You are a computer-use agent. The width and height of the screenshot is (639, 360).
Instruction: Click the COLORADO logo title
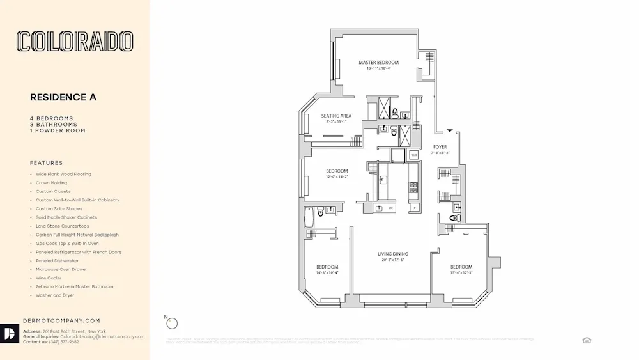pyautogui.click(x=75, y=42)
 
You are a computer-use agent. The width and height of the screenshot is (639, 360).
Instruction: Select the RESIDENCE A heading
pyautogui.click(x=63, y=97)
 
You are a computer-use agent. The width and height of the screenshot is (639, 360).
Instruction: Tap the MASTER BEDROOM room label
pyautogui.click(x=378, y=63)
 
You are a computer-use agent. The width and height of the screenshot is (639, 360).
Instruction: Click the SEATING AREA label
pyautogui.click(x=336, y=116)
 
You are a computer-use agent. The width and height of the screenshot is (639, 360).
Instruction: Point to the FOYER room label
pyautogui.click(x=440, y=147)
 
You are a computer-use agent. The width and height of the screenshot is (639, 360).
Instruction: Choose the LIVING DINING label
pyautogui.click(x=392, y=254)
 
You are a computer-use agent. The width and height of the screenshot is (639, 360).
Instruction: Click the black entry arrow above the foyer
pyautogui.click(x=450, y=130)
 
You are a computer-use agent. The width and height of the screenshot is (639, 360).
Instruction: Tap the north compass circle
pyautogui.click(x=172, y=324)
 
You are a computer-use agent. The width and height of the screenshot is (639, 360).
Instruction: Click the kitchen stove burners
pyautogui.click(x=413, y=187)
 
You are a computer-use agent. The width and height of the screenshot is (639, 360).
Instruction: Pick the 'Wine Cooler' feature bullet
pyautogui.click(x=48, y=278)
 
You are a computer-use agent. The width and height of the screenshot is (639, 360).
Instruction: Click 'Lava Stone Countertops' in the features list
pyautogui.click(x=62, y=226)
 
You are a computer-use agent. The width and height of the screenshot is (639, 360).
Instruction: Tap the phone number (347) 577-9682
pyautogui.click(x=65, y=342)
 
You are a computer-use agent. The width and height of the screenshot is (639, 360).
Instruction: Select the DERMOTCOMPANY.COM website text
pyautogui.click(x=61, y=320)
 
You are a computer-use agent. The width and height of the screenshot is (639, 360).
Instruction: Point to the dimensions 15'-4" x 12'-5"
pyautogui.click(x=461, y=273)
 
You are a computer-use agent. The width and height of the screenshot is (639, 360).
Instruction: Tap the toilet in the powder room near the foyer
pyautogui.click(x=453, y=218)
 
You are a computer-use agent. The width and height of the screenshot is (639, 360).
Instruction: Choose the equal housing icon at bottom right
pyautogui.click(x=587, y=340)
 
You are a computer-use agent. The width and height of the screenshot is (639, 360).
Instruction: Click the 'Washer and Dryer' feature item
pyautogui.click(x=54, y=295)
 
